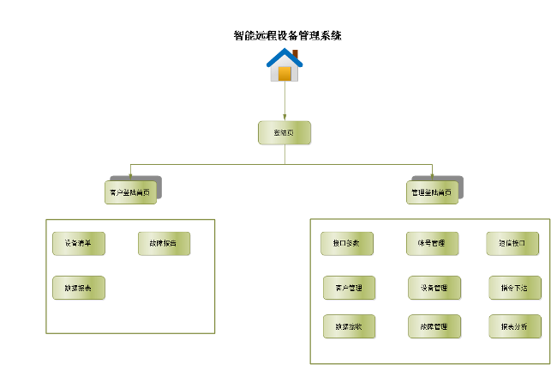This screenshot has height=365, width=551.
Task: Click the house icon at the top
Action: [284, 64]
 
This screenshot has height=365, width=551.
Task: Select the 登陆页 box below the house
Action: [284, 132]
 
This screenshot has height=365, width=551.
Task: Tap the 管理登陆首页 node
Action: [432, 192]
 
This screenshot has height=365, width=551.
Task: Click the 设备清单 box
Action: [78, 243]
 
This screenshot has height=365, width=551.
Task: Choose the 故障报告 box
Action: [164, 243]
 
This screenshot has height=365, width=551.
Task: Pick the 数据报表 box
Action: [78, 288]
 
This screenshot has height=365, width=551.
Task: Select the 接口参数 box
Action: [347, 243]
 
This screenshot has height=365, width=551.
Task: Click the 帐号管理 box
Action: [432, 243]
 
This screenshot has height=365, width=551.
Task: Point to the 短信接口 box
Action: [512, 243]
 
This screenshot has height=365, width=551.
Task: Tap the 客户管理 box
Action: [349, 288]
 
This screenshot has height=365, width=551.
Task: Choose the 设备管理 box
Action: [434, 288]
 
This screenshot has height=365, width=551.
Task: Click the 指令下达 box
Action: [514, 288]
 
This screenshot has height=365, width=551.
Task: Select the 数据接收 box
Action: [349, 326]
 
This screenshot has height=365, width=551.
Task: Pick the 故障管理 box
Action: [434, 326]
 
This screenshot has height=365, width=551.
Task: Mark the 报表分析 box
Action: [514, 326]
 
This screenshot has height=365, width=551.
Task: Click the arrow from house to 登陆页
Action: [284, 101]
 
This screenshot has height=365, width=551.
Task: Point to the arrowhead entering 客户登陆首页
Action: [130, 178]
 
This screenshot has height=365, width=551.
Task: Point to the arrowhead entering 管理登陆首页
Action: [433, 178]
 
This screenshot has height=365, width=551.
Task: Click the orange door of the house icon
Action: [285, 73]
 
